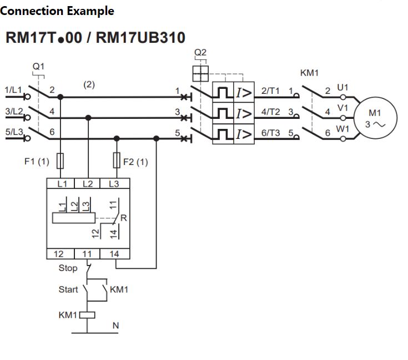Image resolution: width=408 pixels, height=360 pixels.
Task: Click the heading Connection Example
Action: (x=57, y=11)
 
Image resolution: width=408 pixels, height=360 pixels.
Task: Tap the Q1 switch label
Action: (x=38, y=66)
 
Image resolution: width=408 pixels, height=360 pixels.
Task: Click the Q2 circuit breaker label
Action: (x=200, y=53)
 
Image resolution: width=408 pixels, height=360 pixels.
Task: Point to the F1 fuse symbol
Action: (x=61, y=161)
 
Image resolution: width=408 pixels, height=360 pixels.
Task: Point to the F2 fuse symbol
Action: (x=116, y=161)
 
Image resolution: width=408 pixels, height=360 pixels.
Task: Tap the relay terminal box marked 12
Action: (x=59, y=254)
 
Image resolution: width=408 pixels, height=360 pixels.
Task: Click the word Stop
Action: (x=68, y=268)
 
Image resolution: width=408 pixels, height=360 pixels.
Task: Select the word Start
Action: (x=68, y=289)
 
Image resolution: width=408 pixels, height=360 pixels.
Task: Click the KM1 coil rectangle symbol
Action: (x=88, y=315)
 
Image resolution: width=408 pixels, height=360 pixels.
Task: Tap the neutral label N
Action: (x=115, y=326)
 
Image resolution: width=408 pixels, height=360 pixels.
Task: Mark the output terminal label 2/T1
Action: (x=271, y=90)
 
